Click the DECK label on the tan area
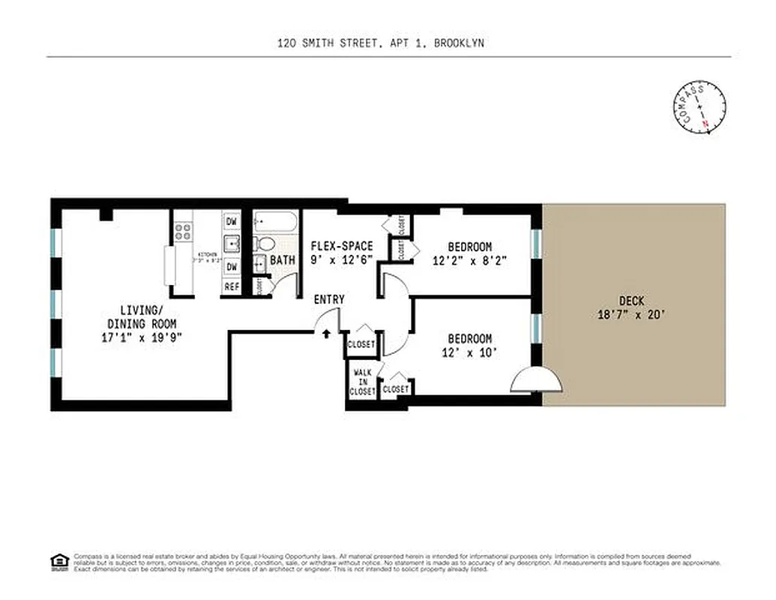[631, 300]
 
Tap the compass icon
[700, 109]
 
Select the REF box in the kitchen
[232, 286]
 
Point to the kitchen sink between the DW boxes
[232, 244]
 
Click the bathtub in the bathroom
[276, 222]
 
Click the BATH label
[283, 260]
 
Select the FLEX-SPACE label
[341, 246]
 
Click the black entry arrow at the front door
[325, 333]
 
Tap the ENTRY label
[329, 299]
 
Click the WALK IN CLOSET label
[362, 382]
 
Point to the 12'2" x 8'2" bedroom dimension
[470, 261]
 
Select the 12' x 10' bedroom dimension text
[469, 352]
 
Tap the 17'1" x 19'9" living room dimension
[140, 337]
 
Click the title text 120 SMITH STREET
[322, 43]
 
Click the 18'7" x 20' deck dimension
[631, 315]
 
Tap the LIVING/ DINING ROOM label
[140, 316]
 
